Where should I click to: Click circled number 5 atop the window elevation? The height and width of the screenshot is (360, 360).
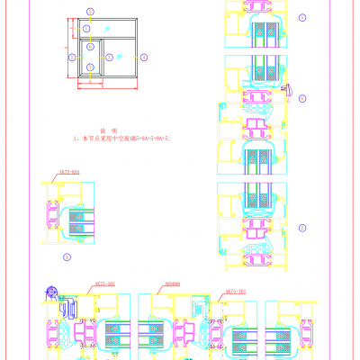[x=91, y=10]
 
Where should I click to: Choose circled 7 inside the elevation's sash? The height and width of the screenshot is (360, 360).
[x=91, y=66]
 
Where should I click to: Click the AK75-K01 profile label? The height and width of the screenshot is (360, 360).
[x=68, y=171]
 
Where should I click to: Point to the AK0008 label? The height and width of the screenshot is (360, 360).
[x=174, y=283]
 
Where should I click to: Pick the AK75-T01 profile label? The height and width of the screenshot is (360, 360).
[x=235, y=292]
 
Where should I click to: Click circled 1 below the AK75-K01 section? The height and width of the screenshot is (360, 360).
[x=67, y=256]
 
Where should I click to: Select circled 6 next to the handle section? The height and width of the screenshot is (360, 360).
[x=301, y=97]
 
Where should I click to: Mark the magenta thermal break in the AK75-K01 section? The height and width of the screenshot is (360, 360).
[x=51, y=217]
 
